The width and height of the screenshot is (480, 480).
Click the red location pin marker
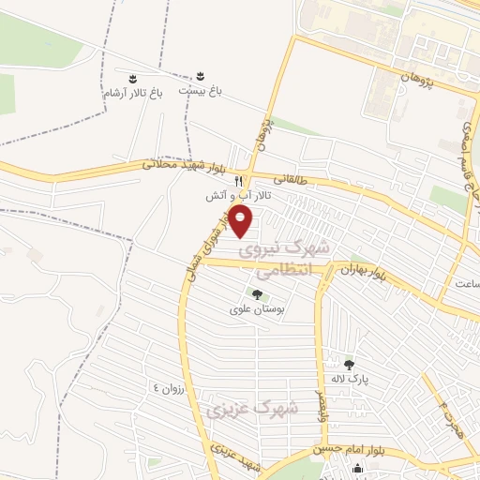click(242, 222)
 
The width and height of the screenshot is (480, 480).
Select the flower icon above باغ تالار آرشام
click(133, 76)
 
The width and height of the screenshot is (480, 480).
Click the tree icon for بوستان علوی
click(257, 294)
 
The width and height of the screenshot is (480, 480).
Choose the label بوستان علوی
click(257, 309)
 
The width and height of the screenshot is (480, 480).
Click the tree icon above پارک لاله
click(349, 365)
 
